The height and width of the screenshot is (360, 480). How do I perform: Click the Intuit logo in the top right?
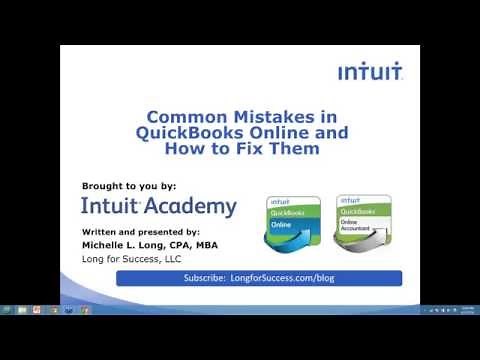(x=370, y=72)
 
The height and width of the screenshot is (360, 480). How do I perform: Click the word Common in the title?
(x=179, y=115)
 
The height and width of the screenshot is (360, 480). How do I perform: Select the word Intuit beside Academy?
(x=112, y=207)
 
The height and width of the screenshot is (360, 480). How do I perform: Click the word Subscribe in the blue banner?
(x=205, y=278)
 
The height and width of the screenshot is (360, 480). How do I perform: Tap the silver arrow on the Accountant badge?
(x=360, y=241)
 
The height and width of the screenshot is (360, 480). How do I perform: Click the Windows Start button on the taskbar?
(x=7, y=309)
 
